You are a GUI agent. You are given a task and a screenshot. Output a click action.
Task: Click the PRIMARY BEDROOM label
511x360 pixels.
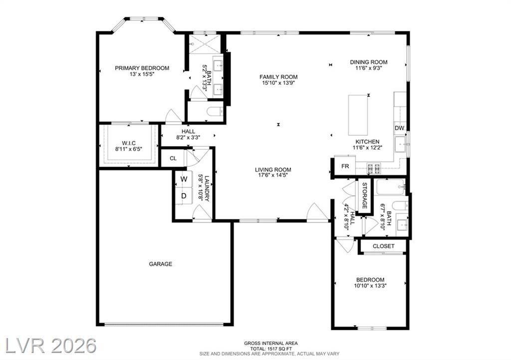(142, 68)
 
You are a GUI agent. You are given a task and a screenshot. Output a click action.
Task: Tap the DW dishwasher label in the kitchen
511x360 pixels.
(399, 128)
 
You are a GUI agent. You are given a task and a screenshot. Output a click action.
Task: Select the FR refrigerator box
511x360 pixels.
(345, 167)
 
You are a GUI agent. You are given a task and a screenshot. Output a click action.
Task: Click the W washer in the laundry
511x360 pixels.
(184, 179)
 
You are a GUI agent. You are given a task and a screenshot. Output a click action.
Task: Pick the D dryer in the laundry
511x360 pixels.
(184, 196)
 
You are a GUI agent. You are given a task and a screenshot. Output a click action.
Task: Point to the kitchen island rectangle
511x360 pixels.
(358, 115)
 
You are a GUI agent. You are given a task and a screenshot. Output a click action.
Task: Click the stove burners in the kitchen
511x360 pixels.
(374, 168)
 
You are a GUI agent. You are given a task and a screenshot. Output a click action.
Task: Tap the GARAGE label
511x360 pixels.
(160, 264)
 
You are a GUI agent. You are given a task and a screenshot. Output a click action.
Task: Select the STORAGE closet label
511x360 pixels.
(365, 195)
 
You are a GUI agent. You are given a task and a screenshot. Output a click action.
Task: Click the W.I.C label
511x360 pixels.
(129, 143)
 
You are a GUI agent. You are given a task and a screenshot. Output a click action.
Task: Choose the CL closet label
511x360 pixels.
(173, 159)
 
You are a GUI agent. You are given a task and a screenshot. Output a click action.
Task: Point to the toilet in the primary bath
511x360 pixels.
(215, 112)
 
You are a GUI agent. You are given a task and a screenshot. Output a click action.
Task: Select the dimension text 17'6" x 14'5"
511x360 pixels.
(273, 175)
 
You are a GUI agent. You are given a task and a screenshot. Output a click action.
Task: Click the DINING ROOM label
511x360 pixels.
(369, 62)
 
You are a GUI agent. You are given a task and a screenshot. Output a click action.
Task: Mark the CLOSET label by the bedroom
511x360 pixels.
(384, 246)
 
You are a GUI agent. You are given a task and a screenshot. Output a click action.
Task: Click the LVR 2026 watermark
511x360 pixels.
(51, 346)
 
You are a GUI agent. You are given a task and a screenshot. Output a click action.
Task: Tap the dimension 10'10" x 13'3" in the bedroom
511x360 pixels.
(370, 286)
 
